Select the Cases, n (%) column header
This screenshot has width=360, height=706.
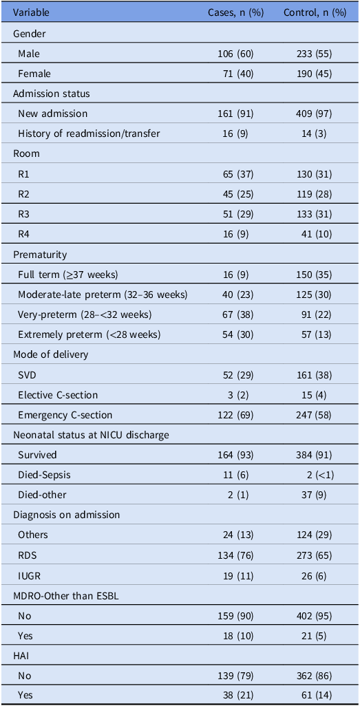coord(235,12)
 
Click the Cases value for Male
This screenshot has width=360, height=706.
coord(235,54)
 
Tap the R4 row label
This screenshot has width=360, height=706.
coord(23,234)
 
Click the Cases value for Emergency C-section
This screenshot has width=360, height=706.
coord(235,414)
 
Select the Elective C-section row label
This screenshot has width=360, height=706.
coord(58,394)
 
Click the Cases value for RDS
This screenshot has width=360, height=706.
coord(235,555)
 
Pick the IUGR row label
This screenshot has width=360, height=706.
coord(28,575)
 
